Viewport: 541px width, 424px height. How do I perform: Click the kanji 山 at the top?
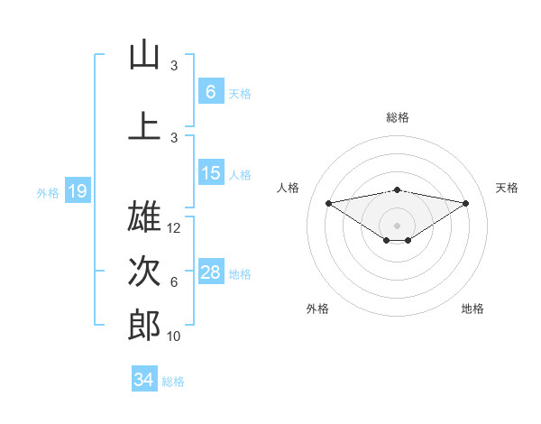144,55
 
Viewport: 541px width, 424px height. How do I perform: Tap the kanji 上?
144,125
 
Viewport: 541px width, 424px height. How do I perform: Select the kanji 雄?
144,217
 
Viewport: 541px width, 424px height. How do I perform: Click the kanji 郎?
144,325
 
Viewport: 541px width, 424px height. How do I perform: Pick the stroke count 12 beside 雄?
175,228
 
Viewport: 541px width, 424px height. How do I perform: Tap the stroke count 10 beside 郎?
175,336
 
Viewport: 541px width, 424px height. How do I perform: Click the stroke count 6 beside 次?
174,282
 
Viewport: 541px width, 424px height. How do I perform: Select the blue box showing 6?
210,92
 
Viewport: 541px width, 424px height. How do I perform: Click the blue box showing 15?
210,173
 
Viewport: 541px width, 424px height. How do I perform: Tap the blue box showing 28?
210,272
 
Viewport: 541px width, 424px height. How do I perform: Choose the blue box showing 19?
77,191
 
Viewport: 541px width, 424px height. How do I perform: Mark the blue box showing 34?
143,380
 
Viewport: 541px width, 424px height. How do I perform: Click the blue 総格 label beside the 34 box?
174,382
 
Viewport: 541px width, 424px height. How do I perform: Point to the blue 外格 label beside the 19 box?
48,192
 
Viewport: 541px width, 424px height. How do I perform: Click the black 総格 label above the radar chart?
398,117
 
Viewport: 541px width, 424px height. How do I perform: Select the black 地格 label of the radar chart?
472,309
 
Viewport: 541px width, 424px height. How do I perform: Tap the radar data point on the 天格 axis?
466,203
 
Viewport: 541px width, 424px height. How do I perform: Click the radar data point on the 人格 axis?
328,202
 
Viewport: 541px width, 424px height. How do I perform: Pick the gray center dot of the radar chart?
397,224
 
